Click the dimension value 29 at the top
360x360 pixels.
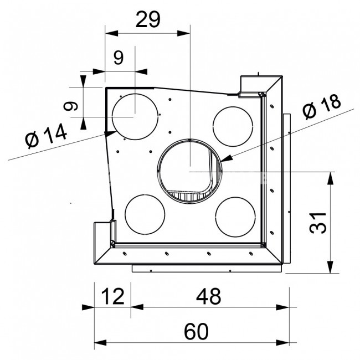click(148, 19)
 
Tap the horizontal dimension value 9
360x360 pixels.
click(119, 58)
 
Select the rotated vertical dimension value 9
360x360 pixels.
click(71, 106)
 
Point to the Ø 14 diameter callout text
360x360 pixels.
click(47, 136)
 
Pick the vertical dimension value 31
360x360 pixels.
click(318, 223)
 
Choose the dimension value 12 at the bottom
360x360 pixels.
click(113, 296)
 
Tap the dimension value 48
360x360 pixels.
click(209, 296)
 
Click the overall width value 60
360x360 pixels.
click(196, 332)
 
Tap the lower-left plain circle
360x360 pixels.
click(125, 214)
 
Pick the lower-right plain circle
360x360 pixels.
click(215, 217)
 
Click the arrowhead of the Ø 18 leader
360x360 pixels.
click(226, 158)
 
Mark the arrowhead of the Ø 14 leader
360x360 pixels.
click(110, 133)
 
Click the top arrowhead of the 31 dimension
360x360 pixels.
click(330, 178)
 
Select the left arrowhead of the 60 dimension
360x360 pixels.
click(101, 343)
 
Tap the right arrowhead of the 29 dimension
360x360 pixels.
click(184, 33)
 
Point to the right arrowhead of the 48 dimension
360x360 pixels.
click(283, 307)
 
